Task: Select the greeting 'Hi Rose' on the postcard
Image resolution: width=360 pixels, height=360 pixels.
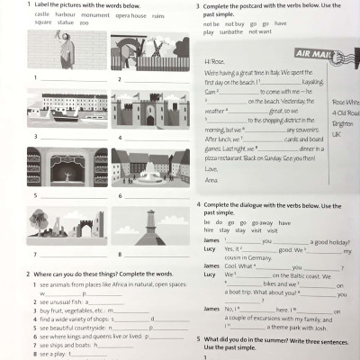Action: (x=213, y=61)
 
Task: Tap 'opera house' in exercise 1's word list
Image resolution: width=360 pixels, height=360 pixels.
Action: (x=130, y=15)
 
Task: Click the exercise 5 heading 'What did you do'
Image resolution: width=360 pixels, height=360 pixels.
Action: (x=229, y=338)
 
